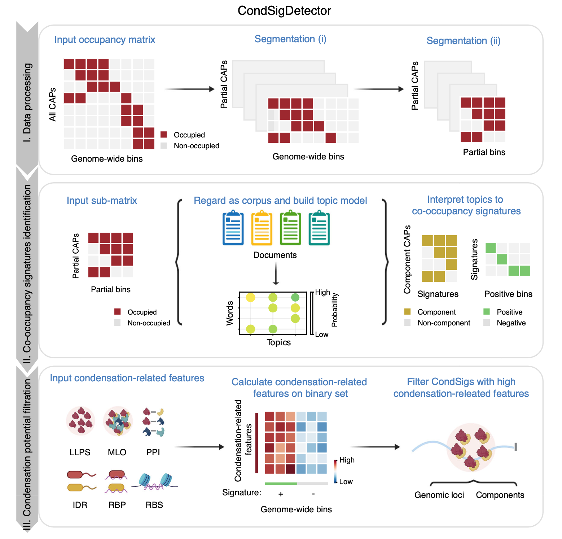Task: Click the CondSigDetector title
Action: pyautogui.click(x=284, y=11)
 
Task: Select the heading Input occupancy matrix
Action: pyautogui.click(x=105, y=40)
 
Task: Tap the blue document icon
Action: pyautogui.click(x=233, y=229)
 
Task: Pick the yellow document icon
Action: pyautogui.click(x=262, y=229)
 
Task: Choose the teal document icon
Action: pyautogui.click(x=319, y=229)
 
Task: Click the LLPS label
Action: pyautogui.click(x=80, y=452)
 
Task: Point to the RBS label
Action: pyautogui.click(x=154, y=505)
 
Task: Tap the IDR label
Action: pyautogui.click(x=80, y=505)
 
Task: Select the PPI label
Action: pyautogui.click(x=153, y=452)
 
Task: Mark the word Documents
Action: pyautogui.click(x=275, y=255)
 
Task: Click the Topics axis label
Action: pyautogui.click(x=278, y=342)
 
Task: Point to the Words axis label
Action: pyautogui.click(x=230, y=313)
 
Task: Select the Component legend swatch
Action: pyautogui.click(x=408, y=312)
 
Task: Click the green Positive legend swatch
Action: pyautogui.click(x=487, y=312)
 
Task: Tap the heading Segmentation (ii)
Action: pyautogui.click(x=464, y=41)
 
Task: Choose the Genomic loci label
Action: pyautogui.click(x=439, y=495)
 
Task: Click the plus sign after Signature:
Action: pyautogui.click(x=281, y=494)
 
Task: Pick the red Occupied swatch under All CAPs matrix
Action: pyautogui.click(x=164, y=135)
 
